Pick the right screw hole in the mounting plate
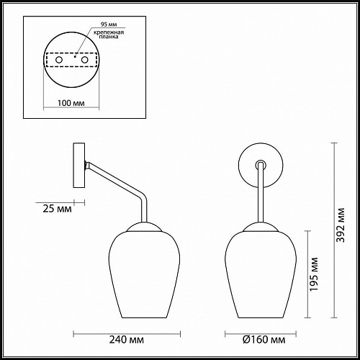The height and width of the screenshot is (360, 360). pyautogui.click(x=84, y=60)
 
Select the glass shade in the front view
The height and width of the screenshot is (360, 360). pyautogui.click(x=257, y=274)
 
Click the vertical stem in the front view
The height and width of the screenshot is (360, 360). pyautogui.click(x=257, y=198)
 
